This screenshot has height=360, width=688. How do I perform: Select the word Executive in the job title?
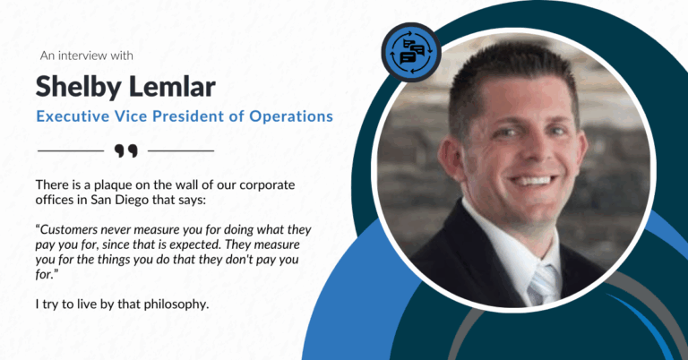click(x=71, y=116)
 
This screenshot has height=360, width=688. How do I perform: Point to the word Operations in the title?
click(x=288, y=116)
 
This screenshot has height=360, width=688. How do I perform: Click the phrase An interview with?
click(x=87, y=56)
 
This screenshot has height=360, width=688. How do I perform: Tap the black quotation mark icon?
click(x=126, y=150)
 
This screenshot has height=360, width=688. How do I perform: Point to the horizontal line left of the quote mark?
click(x=71, y=150)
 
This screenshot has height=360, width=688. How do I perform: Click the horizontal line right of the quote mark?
click(x=181, y=150)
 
